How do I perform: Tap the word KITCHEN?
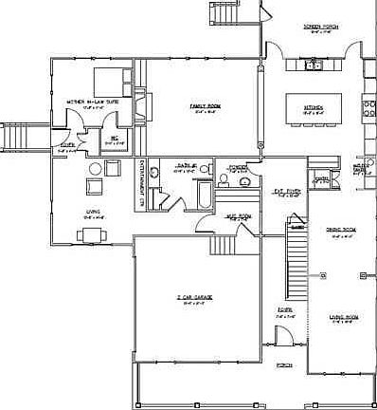[x=314, y=107]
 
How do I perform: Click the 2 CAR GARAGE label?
[x=194, y=297]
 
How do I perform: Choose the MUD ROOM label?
[x=238, y=215]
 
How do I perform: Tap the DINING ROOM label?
[x=340, y=230]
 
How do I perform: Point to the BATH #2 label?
[x=185, y=166]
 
